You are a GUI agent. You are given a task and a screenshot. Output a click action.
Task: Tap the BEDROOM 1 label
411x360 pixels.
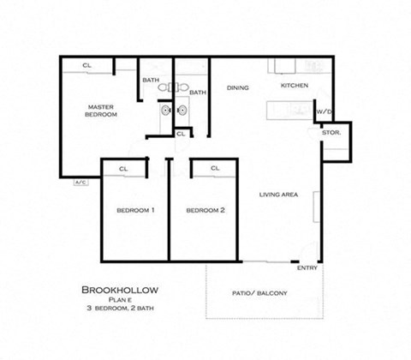[x=135, y=210]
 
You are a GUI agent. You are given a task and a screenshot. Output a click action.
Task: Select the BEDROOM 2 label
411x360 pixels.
[x=205, y=210]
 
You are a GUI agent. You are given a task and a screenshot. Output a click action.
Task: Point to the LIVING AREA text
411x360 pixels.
[x=278, y=195]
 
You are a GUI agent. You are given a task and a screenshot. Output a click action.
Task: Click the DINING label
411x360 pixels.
[x=237, y=88]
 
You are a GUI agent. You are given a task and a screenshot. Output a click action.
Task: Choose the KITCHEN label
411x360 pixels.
[x=295, y=87]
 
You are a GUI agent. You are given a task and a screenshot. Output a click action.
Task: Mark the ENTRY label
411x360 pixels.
[x=307, y=268]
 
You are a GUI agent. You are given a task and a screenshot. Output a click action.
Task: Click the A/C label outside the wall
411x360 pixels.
[x=80, y=183]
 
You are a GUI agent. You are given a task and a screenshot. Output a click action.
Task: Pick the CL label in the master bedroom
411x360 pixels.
[x=87, y=65]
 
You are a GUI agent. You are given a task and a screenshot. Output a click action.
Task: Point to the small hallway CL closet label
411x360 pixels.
[x=181, y=134]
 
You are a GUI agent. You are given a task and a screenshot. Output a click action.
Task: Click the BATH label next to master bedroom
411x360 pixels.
[x=151, y=81]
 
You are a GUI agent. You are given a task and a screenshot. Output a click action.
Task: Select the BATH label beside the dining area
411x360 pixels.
[x=197, y=93]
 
